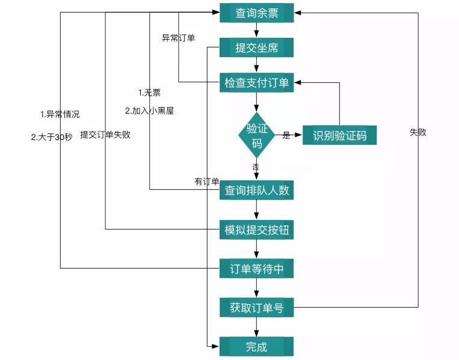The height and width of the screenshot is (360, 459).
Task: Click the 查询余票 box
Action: [257, 13]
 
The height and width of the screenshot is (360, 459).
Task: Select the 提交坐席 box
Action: [257, 48]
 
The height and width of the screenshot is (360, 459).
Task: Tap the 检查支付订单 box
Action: [257, 83]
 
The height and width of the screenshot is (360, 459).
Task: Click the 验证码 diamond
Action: [257, 136]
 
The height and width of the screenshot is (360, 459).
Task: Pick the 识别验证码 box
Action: [339, 135]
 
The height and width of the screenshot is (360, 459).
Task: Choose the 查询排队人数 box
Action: [257, 191]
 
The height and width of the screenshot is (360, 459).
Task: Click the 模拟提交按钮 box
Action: [257, 230]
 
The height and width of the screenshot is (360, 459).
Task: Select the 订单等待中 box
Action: [257, 269]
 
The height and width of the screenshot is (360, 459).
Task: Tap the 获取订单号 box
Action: [257, 308]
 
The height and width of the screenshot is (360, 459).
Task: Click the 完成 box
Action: [257, 347]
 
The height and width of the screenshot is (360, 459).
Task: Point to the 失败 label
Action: [417, 132]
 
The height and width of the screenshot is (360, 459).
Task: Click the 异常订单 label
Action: [178, 38]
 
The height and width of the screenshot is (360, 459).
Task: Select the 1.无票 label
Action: [149, 93]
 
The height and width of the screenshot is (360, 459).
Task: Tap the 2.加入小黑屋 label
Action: [149, 111]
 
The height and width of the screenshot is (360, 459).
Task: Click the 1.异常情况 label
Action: [60, 114]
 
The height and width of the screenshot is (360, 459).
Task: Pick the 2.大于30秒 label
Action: [52, 136]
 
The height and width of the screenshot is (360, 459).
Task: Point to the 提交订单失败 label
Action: [105, 135]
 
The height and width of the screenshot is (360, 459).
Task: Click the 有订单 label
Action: [207, 182]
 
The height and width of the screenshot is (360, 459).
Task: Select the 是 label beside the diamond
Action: [286, 136]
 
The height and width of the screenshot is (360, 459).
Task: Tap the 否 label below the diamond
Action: [256, 166]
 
